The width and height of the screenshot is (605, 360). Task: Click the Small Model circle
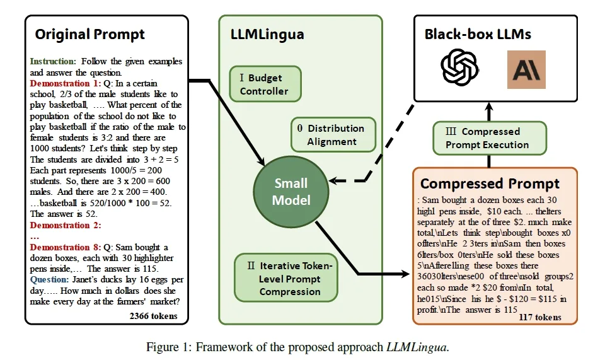291,192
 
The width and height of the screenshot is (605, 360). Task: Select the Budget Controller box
265,84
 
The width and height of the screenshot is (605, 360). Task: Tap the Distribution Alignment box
333,135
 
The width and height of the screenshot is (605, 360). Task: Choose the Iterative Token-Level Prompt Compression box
286,278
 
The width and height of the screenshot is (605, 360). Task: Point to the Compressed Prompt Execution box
490,138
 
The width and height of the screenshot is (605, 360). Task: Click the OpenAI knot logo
459,67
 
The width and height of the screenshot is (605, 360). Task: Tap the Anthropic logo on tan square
526,69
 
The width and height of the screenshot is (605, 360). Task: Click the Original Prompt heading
90,35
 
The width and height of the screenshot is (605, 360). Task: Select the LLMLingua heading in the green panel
267,35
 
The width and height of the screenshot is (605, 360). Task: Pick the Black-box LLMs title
478,34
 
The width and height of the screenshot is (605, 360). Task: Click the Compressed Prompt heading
490,183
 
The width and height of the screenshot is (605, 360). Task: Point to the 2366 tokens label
154,316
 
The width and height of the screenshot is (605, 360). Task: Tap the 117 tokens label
540,317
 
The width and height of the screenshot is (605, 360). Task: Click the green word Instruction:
53,61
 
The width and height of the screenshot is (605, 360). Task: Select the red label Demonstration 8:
66,247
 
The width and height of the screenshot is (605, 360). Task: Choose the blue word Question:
49,280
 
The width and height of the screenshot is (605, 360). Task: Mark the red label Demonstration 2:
66,225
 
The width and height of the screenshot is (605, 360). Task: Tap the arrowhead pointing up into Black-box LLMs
489,106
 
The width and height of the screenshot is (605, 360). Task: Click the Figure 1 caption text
297,347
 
